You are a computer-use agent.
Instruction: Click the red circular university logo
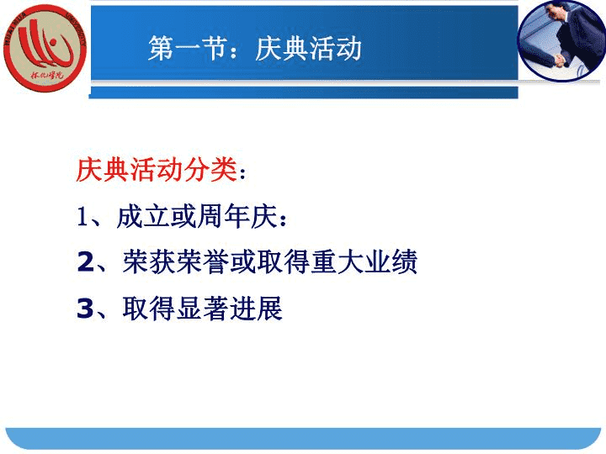point(45,48)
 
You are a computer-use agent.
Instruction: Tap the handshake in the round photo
point(558,60)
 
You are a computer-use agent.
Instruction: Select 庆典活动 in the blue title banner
point(308,49)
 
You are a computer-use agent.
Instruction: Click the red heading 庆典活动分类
point(157,170)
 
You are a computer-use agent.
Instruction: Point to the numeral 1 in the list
point(82,217)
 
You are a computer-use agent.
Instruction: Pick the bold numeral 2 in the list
point(85,262)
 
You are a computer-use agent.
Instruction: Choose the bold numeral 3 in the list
point(85,309)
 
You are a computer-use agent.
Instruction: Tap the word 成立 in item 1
point(143,216)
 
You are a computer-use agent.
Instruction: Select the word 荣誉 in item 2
point(203,261)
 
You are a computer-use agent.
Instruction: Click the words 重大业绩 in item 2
point(364,261)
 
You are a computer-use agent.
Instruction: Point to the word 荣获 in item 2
point(149,261)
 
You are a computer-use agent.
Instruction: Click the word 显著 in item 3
point(203,308)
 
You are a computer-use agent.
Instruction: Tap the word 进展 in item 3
point(256,308)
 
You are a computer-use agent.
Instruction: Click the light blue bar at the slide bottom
point(303,439)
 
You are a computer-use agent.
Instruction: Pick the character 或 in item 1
point(183,216)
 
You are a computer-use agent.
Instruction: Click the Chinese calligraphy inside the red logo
point(47,75)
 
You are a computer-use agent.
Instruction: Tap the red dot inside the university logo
point(54,42)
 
